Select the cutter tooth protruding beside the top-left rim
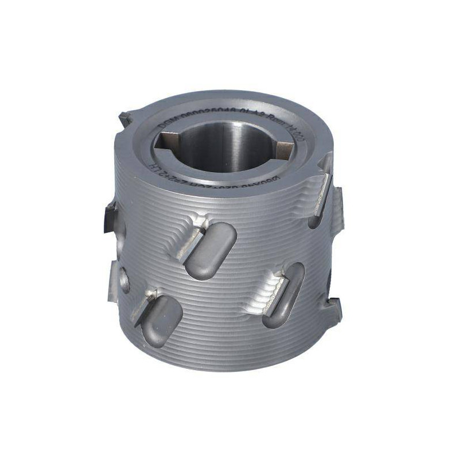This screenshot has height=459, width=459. [127, 119]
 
